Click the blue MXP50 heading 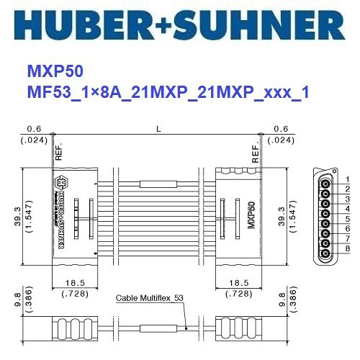55,72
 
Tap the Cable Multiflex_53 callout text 150,298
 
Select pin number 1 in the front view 347,179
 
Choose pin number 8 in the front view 347,248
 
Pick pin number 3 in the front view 347,199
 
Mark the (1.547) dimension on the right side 292,214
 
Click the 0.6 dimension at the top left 33,129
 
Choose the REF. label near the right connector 255,153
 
